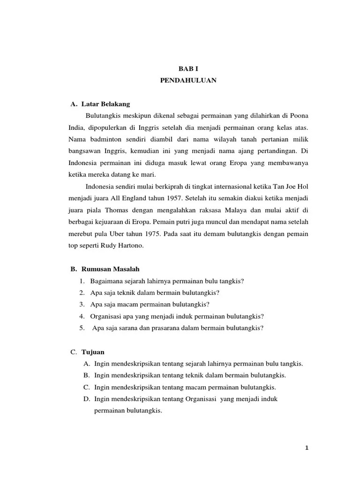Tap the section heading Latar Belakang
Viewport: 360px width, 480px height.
pos(105,103)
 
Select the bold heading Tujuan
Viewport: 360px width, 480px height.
pos(93,352)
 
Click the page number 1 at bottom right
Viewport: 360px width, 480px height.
pos(307,449)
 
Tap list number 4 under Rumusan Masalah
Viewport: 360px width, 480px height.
pos(82,316)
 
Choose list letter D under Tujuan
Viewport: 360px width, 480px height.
pos(86,399)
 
